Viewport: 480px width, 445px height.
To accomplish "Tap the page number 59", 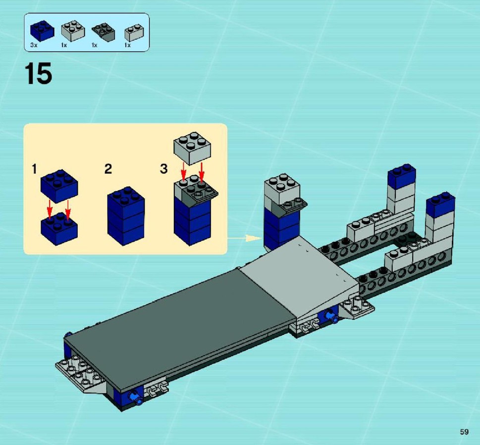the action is click(464, 432).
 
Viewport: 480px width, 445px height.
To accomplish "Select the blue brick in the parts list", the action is click(42, 31).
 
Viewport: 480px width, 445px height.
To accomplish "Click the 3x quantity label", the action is click(34, 45).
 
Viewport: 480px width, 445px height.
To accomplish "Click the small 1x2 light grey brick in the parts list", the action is click(134, 33).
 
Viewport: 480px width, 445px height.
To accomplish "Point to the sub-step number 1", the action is click(34, 169).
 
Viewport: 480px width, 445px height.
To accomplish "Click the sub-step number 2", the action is click(108, 169).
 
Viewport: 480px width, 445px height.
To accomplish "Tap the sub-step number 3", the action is click(164, 169).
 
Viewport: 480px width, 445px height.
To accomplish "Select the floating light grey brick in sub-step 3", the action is click(192, 148).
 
